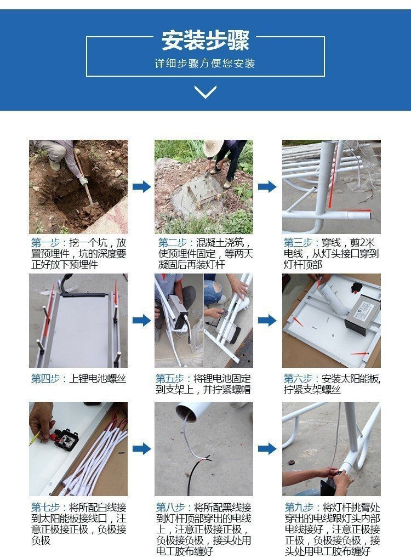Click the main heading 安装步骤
(206, 40)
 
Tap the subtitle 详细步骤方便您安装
(205, 64)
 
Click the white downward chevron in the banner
(206, 92)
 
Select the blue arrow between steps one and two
(141, 186)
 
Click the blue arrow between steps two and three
(267, 186)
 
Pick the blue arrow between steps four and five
(141, 320)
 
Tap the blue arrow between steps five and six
(267, 320)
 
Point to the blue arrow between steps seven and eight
(141, 448)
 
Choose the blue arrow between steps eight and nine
(267, 448)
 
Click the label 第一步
(45, 243)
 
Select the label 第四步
(45, 379)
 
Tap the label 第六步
(298, 379)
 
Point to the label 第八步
(170, 508)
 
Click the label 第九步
(299, 508)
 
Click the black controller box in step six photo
(362, 314)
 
